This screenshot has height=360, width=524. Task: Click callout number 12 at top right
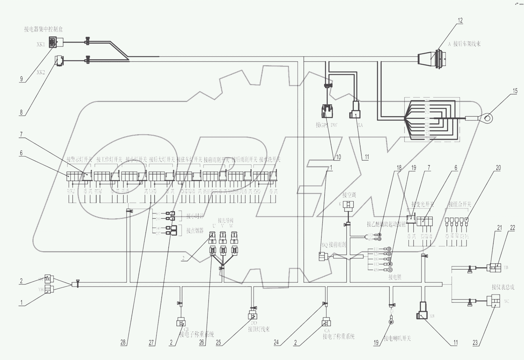[460, 21]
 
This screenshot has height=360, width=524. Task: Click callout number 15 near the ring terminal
[515, 91]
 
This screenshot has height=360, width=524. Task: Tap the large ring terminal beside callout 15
[487, 118]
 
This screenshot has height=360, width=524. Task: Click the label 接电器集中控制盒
[43, 30]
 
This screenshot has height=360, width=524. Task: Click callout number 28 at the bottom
[123, 343]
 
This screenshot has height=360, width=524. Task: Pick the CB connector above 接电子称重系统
[181, 322]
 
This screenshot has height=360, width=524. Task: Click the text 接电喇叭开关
[397, 339]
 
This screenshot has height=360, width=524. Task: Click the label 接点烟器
[195, 231]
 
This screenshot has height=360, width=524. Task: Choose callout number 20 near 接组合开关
[498, 168]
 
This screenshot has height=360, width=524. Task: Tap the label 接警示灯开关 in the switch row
[79, 159]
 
